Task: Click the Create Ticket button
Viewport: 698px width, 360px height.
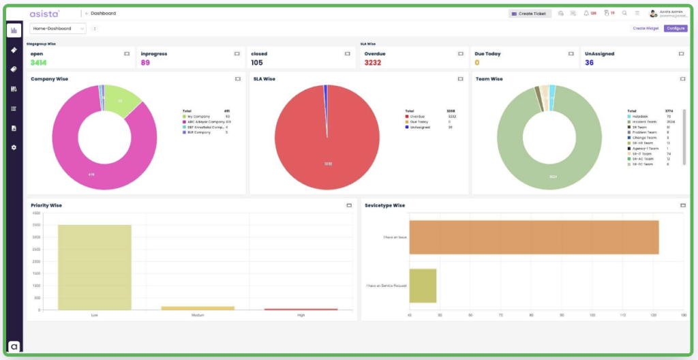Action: click(530, 13)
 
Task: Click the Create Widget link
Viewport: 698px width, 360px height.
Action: click(646, 29)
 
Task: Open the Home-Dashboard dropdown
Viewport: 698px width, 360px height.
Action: click(58, 29)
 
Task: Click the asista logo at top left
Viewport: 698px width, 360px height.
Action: click(45, 13)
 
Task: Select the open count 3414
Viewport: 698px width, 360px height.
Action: click(39, 63)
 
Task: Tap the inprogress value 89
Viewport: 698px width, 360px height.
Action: click(145, 63)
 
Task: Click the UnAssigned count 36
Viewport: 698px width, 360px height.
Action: click(589, 63)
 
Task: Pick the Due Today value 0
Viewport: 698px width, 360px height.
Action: click(477, 63)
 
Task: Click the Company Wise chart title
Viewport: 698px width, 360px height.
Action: click(49, 79)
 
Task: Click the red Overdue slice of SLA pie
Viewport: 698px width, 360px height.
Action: click(320, 150)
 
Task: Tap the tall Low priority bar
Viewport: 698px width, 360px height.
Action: click(95, 267)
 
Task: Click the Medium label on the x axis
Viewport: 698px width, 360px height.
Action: click(198, 315)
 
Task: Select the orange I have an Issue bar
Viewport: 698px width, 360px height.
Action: click(533, 237)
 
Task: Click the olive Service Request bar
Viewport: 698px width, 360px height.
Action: click(423, 285)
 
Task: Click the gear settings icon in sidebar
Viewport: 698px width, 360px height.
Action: click(14, 147)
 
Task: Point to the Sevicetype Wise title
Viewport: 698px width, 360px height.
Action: click(384, 205)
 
